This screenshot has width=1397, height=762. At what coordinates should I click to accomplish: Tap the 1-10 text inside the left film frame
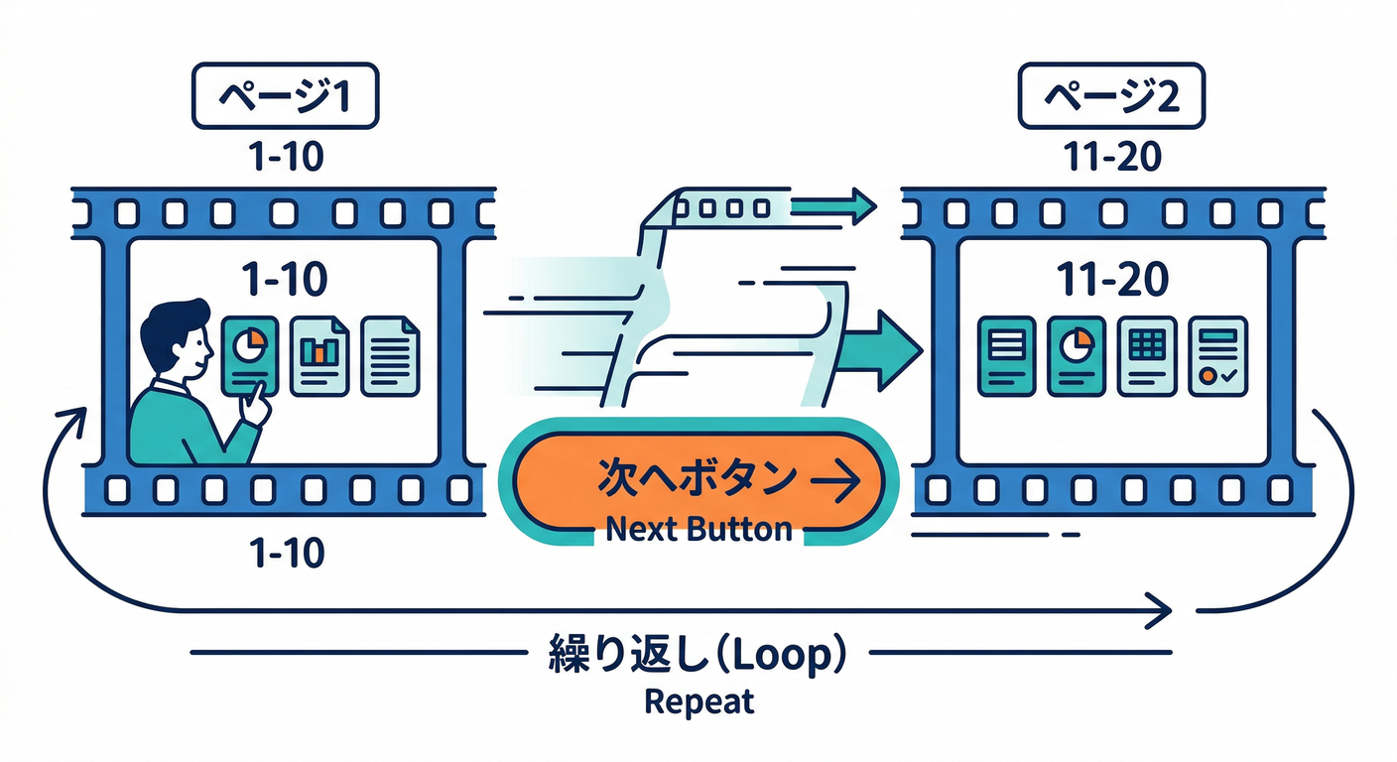(286, 281)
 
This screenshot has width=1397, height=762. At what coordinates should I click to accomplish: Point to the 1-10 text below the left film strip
(286, 552)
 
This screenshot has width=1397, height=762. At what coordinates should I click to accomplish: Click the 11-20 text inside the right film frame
(1112, 281)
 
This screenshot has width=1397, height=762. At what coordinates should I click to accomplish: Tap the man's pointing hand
(256, 405)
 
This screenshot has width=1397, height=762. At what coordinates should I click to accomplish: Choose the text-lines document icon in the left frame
(390, 355)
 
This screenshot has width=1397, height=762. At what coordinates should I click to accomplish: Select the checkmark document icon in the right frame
(1217, 355)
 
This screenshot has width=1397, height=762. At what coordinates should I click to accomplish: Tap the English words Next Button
(698, 529)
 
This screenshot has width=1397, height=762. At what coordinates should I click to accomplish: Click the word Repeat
(698, 701)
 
